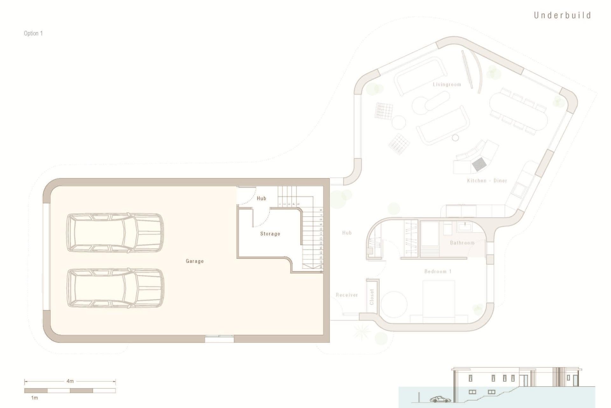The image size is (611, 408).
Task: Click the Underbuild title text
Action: pyautogui.click(x=562, y=15)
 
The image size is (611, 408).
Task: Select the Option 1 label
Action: pyautogui.click(x=33, y=33)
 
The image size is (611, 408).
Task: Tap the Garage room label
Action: pyautogui.click(x=194, y=261)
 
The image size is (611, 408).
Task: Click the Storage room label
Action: pyautogui.click(x=270, y=234)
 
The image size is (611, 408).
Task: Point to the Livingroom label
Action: pyautogui.click(x=447, y=84)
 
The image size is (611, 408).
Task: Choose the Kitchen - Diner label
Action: pyautogui.click(x=487, y=181)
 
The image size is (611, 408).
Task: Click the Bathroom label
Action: pyautogui.click(x=462, y=243)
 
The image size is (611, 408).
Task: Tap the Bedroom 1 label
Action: pyautogui.click(x=438, y=272)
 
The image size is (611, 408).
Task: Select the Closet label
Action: pyautogui.click(x=372, y=297)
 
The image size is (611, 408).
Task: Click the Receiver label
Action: pyautogui.click(x=347, y=295)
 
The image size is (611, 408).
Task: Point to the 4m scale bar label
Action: pyautogui.click(x=70, y=381)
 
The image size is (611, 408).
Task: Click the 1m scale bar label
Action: pyautogui.click(x=34, y=398)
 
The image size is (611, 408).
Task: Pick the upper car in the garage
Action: pyautogui.click(x=115, y=233)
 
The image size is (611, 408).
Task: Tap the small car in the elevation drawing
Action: pyautogui.click(x=440, y=399)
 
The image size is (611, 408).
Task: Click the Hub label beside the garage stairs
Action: pyautogui.click(x=261, y=198)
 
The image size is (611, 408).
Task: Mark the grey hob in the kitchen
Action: pyautogui.click(x=479, y=164)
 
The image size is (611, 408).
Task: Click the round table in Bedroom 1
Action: pyautogui.click(x=394, y=304)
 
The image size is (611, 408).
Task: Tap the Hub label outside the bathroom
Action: pyautogui.click(x=347, y=233)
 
